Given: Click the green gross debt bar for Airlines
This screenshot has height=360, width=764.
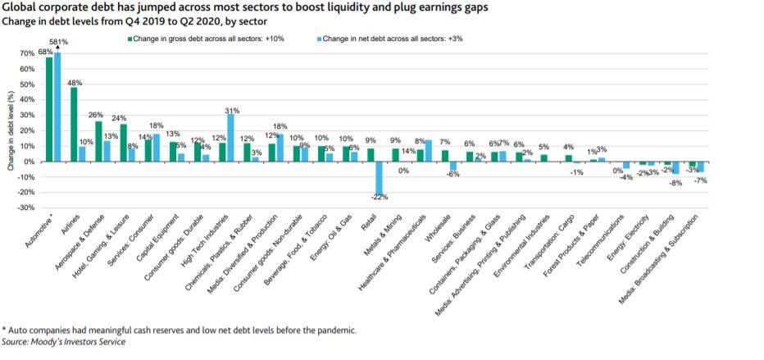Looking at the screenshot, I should click(74, 124).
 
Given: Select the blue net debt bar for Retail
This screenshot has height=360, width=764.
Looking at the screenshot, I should click(378, 178).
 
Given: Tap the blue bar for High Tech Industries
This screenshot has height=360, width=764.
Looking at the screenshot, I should click(230, 137).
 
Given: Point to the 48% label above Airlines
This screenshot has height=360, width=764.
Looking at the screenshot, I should click(75, 83).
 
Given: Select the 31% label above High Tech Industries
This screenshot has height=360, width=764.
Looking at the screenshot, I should click(231, 110).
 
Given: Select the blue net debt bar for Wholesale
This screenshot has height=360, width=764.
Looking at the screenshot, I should click(452, 166).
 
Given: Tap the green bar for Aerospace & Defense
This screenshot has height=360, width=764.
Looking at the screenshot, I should click(98, 141).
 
